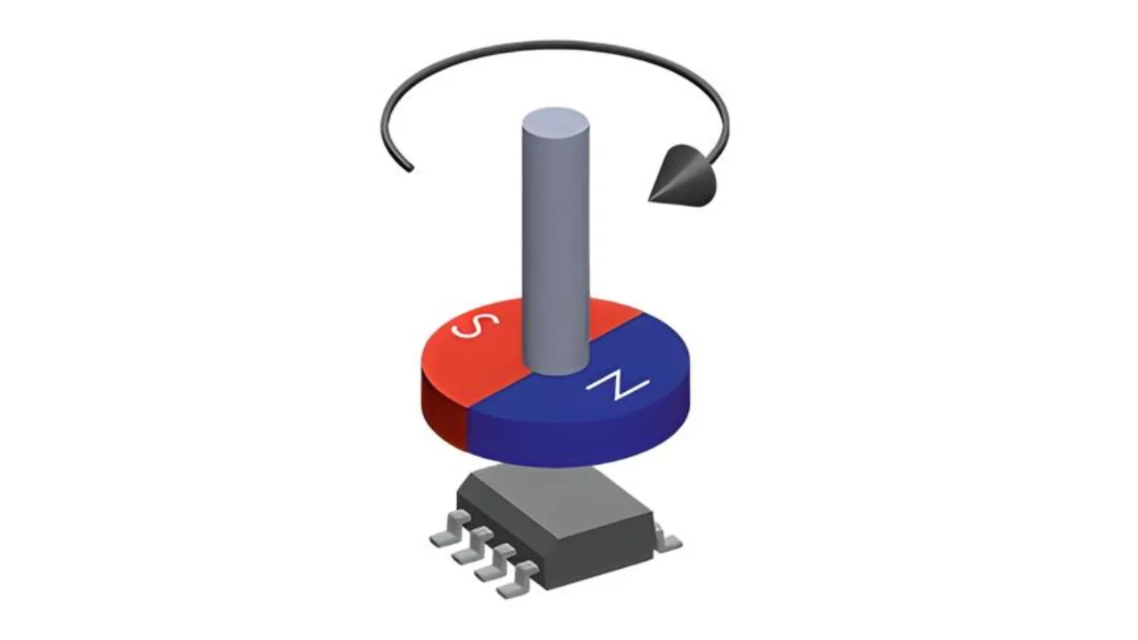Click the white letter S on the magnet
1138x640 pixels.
[476, 324]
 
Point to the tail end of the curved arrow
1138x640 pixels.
[411, 169]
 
